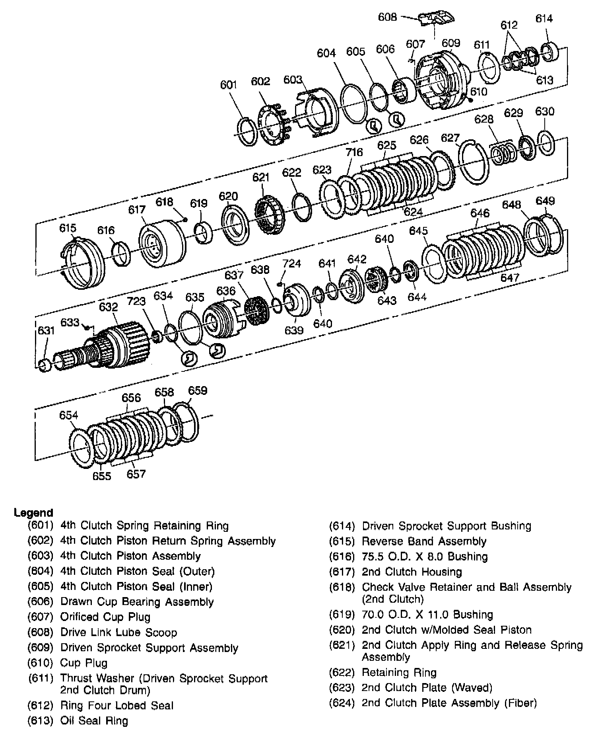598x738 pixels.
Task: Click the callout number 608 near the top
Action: click(x=388, y=17)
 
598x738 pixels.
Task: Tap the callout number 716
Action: click(x=354, y=152)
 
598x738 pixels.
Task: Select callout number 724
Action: click(x=292, y=264)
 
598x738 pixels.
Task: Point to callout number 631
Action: click(x=46, y=330)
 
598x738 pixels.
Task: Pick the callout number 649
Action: click(x=545, y=201)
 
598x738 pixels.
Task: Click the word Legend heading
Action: click(x=33, y=512)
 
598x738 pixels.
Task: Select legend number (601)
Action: click(x=40, y=526)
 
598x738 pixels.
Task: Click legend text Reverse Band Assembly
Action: click(x=424, y=541)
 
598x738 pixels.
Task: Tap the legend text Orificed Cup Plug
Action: click(x=105, y=617)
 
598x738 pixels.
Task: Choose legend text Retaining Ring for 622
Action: click(x=399, y=673)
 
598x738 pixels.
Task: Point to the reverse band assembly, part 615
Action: click(x=83, y=263)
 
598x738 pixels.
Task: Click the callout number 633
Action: click(x=70, y=322)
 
